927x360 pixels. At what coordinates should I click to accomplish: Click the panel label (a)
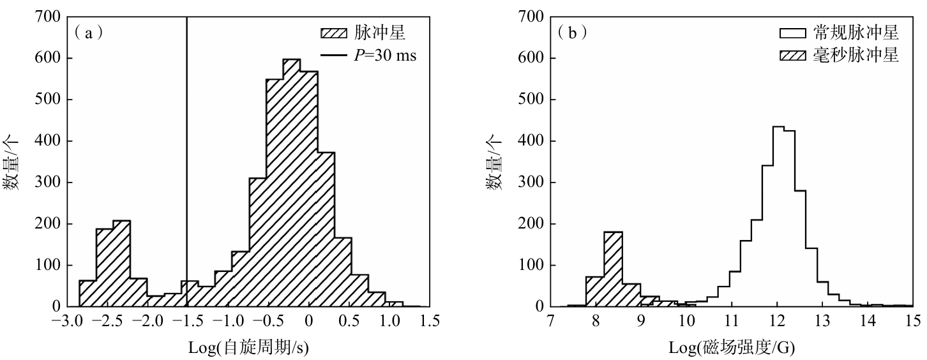point(89,32)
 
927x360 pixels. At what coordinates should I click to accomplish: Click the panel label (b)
point(573,32)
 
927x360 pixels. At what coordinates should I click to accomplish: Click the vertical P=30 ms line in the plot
point(186,160)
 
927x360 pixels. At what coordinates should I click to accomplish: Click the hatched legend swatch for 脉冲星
point(333,33)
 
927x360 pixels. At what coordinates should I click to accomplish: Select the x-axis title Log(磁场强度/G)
point(732,347)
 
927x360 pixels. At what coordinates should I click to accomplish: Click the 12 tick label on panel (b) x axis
point(777,321)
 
